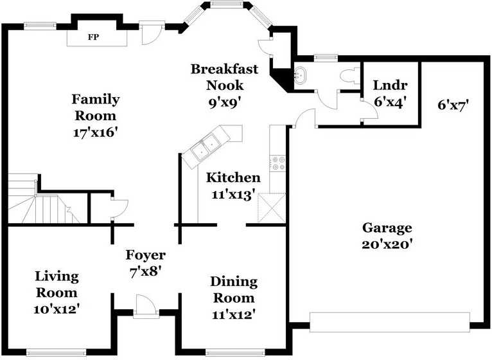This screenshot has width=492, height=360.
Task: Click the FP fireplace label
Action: pos(94,37)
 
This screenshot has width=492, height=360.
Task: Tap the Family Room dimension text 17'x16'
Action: pos(96,132)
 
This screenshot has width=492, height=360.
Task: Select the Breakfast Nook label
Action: pos(225,77)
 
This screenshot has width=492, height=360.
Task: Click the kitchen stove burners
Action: pos(277,163)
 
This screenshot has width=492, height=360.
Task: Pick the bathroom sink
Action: pos(301,75)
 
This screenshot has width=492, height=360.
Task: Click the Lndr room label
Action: pos(390,85)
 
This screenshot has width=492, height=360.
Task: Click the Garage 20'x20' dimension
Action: pos(387,244)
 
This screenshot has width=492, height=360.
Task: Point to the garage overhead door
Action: pos(390,322)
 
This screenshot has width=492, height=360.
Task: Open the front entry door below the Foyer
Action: pos(146,306)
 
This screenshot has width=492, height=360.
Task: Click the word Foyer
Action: pos(146,255)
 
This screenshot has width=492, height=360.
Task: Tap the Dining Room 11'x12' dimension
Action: pos(233,314)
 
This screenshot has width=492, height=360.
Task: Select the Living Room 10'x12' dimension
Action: pos(56,309)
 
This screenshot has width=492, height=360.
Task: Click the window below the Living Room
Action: pos(57,352)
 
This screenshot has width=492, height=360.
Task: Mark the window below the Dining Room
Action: pos(236,352)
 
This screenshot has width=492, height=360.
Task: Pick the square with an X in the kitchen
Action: pos(272,208)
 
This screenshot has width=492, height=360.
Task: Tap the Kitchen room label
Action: pos(233,178)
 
